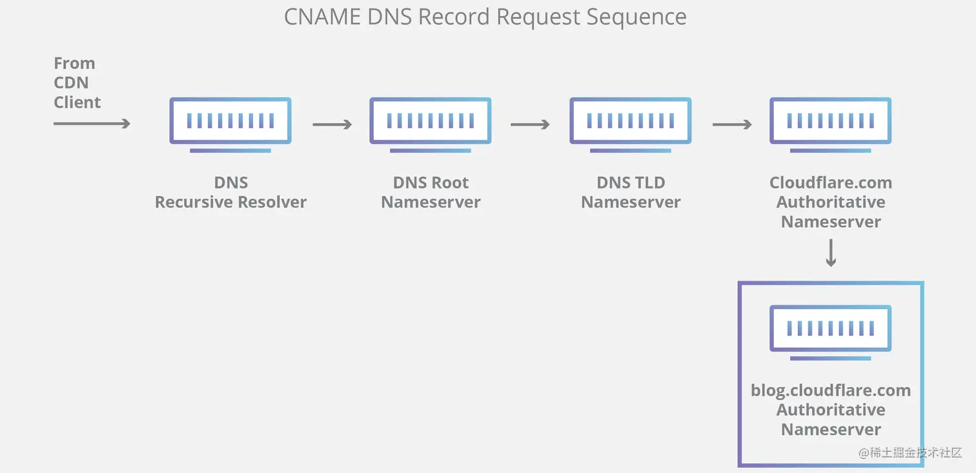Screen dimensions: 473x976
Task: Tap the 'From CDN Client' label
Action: [77, 83]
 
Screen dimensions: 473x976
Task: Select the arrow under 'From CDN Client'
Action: [92, 123]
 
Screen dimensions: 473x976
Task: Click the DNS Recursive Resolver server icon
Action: [230, 121]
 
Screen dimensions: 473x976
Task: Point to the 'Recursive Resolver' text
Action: [230, 202]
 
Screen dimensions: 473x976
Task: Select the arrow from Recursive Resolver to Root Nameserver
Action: [332, 124]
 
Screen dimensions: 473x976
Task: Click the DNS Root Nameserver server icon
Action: [431, 121]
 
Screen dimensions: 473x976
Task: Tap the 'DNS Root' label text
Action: [431, 183]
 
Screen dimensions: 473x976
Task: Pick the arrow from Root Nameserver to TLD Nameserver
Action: [530, 124]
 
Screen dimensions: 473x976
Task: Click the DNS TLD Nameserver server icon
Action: [631, 121]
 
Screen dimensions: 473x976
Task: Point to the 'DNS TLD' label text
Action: [631, 183]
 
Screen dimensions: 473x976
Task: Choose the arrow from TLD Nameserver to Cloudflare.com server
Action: [732, 124]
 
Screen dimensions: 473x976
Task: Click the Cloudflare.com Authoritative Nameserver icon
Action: [831, 121]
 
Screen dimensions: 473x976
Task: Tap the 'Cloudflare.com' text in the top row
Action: [831, 183]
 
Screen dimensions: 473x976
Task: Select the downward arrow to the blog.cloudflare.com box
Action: [831, 253]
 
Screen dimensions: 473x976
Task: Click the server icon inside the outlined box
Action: [831, 329]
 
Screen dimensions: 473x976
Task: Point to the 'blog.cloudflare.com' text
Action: [831, 390]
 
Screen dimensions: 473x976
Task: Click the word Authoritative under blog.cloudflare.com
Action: [831, 410]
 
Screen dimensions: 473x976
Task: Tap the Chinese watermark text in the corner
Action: [910, 453]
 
